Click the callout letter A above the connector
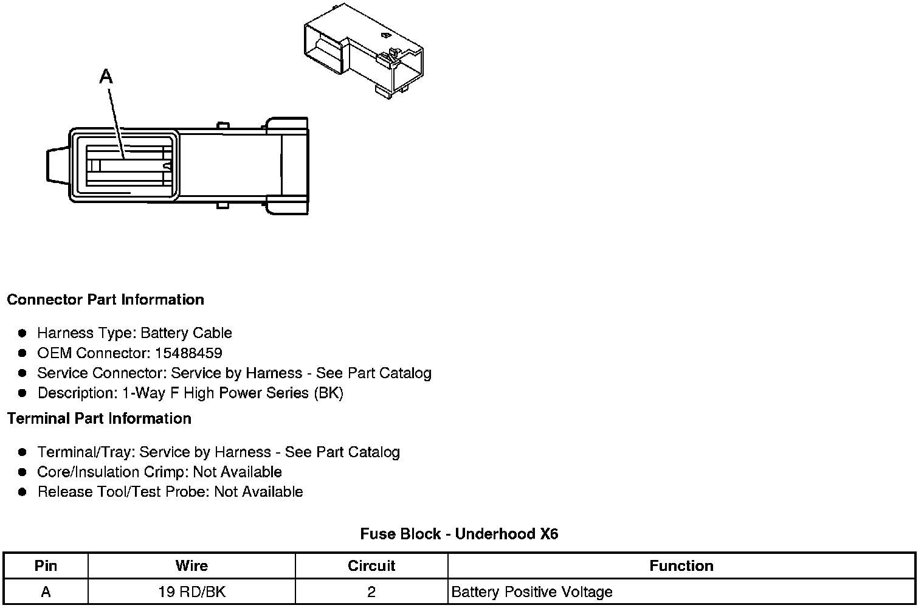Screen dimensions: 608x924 106,76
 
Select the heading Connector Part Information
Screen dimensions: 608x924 105,300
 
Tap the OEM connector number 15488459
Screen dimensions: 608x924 188,353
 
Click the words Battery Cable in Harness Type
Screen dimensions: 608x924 186,333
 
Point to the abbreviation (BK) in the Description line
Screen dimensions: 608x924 328,393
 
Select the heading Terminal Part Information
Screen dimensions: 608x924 99,419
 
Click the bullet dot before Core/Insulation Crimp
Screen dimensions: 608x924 22,472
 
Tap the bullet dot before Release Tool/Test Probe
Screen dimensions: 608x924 22,492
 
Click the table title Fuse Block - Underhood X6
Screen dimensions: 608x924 459,534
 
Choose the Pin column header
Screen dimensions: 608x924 46,566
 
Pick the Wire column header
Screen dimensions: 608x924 191,566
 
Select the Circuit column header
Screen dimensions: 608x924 371,566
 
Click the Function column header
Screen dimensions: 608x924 681,566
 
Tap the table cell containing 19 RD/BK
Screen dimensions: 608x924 191,592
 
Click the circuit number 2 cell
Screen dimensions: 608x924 371,592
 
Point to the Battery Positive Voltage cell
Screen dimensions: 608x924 532,592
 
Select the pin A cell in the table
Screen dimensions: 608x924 46,592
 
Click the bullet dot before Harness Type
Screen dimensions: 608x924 22,333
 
